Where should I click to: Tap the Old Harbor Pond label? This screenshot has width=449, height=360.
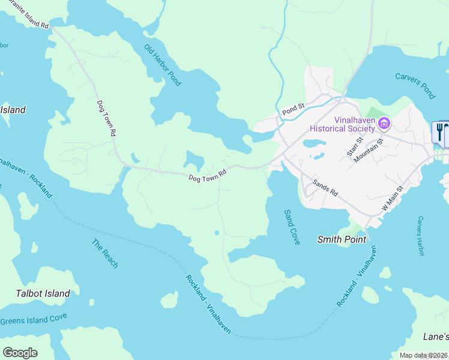[162, 65]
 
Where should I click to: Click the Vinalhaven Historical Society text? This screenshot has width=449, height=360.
[344, 124]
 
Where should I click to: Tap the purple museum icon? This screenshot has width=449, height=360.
[385, 124]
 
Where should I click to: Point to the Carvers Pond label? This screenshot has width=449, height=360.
[415, 85]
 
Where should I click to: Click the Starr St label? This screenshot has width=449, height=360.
[355, 147]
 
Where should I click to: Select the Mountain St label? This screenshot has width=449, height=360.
[369, 151]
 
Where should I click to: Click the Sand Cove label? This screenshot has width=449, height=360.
[291, 231]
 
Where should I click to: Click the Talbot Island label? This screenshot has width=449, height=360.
[43, 293]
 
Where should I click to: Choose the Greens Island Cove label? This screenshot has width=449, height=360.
[34, 319]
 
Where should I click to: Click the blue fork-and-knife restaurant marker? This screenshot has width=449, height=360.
[439, 131]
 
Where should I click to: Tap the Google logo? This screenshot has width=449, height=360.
[20, 353]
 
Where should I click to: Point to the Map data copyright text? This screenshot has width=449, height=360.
[423, 355]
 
